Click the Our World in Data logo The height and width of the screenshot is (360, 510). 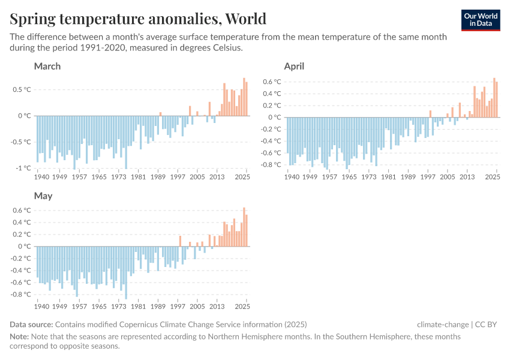tap(481, 20)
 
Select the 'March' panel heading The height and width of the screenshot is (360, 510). tap(47, 66)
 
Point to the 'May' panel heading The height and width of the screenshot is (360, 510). tap(43, 196)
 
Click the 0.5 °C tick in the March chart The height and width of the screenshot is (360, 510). tap(21, 90)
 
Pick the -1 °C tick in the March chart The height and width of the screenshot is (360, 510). tap(22, 169)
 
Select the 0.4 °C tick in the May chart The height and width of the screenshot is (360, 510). tap(22, 223)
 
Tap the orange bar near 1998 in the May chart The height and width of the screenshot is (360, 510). tap(180, 241)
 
